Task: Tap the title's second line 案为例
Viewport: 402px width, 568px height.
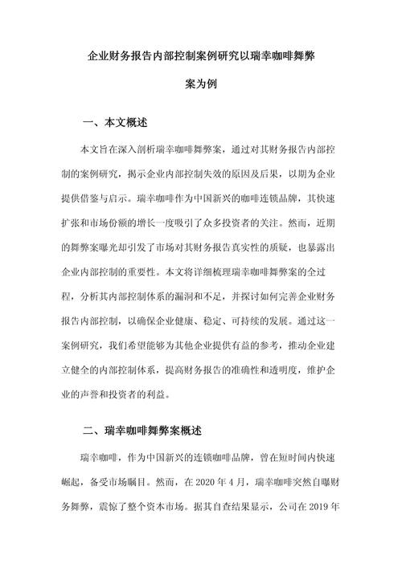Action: click(201, 84)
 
